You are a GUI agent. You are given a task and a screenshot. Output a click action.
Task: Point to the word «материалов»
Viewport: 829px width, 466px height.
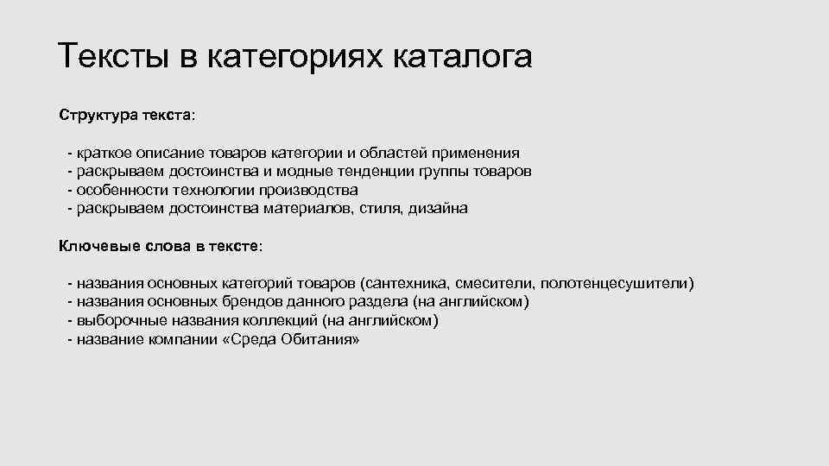(x=301, y=208)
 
